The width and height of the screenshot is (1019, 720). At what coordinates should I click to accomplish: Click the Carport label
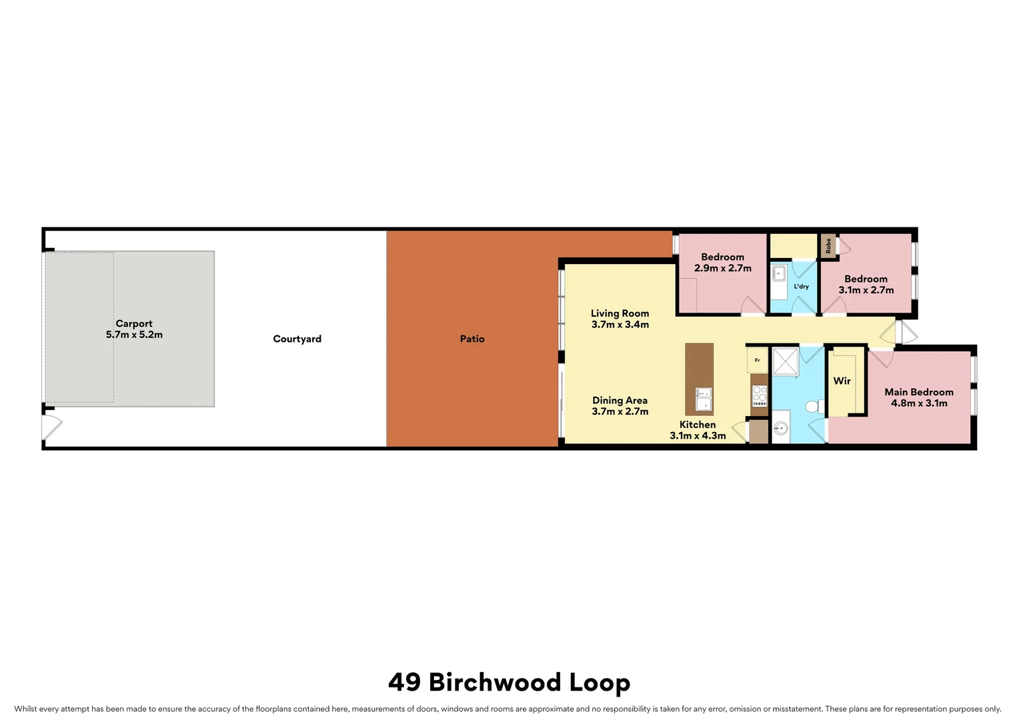(134, 323)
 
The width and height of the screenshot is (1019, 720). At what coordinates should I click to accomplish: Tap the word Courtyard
(297, 339)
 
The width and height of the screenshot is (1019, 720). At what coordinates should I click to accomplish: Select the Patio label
(472, 339)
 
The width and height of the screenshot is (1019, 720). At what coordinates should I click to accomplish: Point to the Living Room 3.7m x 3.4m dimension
(620, 325)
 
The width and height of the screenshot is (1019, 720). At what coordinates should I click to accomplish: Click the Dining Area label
(620, 400)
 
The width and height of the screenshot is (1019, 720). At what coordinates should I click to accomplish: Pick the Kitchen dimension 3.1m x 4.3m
(698, 435)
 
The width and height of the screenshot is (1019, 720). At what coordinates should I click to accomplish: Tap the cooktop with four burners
(760, 396)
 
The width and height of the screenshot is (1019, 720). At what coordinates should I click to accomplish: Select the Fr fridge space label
(757, 361)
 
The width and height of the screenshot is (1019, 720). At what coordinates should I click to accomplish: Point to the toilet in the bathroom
(814, 406)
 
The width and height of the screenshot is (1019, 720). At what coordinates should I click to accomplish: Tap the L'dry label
(801, 287)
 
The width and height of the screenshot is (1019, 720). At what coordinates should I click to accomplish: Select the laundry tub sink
(779, 273)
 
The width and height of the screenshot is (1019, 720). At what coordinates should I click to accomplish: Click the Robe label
(828, 246)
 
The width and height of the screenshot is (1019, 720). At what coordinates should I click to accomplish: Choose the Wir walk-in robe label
(842, 381)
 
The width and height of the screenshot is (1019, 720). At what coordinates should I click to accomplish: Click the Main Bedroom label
(918, 392)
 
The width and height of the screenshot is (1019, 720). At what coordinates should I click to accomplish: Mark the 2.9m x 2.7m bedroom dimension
(722, 268)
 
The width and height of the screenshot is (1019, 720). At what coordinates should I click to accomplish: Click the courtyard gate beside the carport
(51, 427)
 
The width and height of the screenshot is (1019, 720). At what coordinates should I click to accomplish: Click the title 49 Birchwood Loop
(509, 682)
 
